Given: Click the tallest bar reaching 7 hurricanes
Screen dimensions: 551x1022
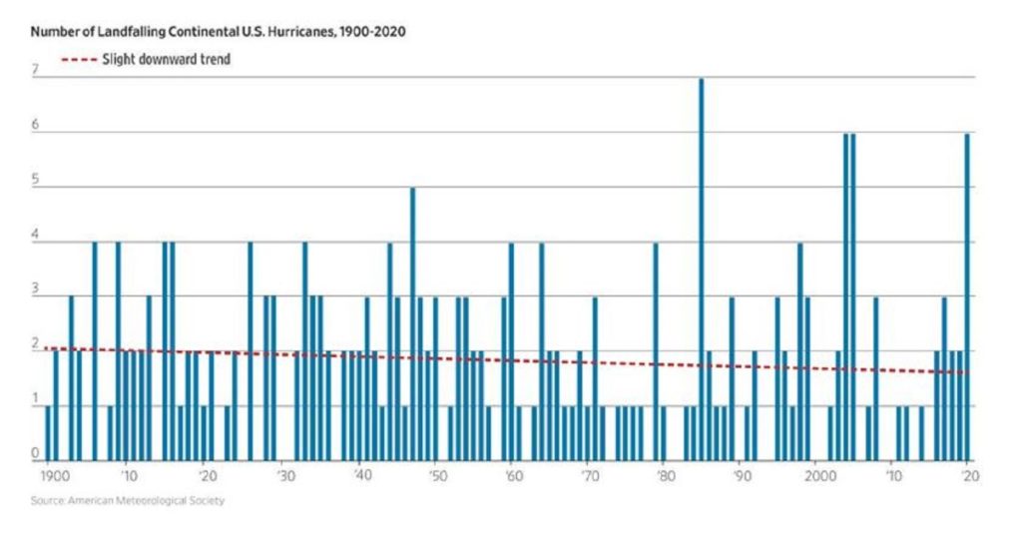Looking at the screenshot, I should pyautogui.click(x=701, y=270).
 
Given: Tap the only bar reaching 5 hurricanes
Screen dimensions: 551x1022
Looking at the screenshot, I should pyautogui.click(x=412, y=323).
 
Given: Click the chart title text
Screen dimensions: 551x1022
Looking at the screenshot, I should pyautogui.click(x=218, y=32).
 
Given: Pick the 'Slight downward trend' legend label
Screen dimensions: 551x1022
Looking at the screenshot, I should pyautogui.click(x=166, y=60).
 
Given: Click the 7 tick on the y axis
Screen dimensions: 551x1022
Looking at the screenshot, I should pyautogui.click(x=35, y=71).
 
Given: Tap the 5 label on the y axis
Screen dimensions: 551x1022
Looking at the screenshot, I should pyautogui.click(x=35, y=182).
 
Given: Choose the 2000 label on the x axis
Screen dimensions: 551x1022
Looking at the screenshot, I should pyautogui.click(x=815, y=477).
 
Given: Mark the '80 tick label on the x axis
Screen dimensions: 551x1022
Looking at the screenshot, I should pyautogui.click(x=663, y=477).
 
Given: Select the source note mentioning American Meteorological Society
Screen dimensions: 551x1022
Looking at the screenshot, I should pyautogui.click(x=128, y=500).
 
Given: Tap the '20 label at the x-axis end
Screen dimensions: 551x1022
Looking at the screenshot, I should pyautogui.click(x=966, y=477).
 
